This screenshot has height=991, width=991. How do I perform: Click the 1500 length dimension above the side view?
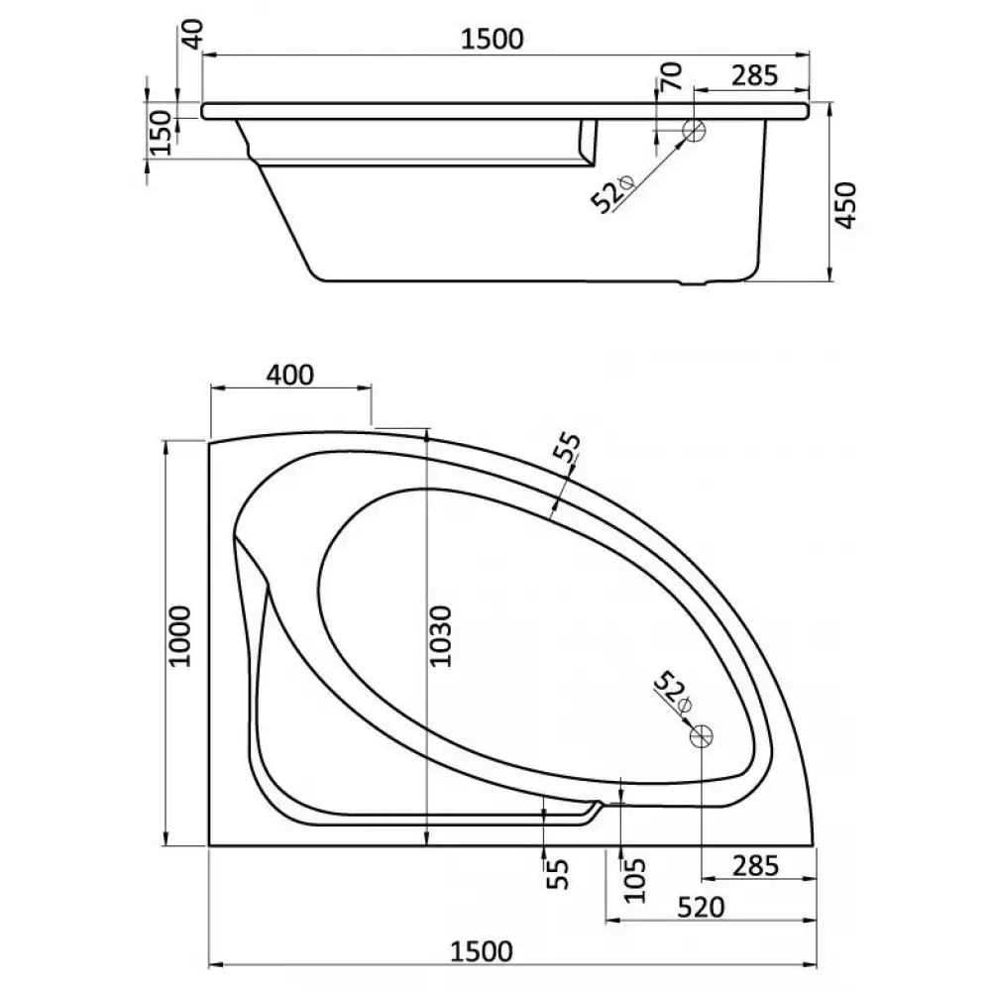[x=492, y=40]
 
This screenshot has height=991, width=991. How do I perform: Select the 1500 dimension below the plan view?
[x=481, y=951]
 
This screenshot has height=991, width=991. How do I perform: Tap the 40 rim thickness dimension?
[x=194, y=34]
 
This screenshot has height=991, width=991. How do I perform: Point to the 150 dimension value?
[x=162, y=133]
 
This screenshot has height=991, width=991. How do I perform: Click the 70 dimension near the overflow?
[x=672, y=76]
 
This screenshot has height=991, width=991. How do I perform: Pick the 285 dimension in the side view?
[x=754, y=75]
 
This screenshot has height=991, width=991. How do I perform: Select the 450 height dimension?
[x=845, y=205]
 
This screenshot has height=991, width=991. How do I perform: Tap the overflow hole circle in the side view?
[x=694, y=131]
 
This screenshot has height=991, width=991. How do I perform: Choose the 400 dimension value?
[x=290, y=375]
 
